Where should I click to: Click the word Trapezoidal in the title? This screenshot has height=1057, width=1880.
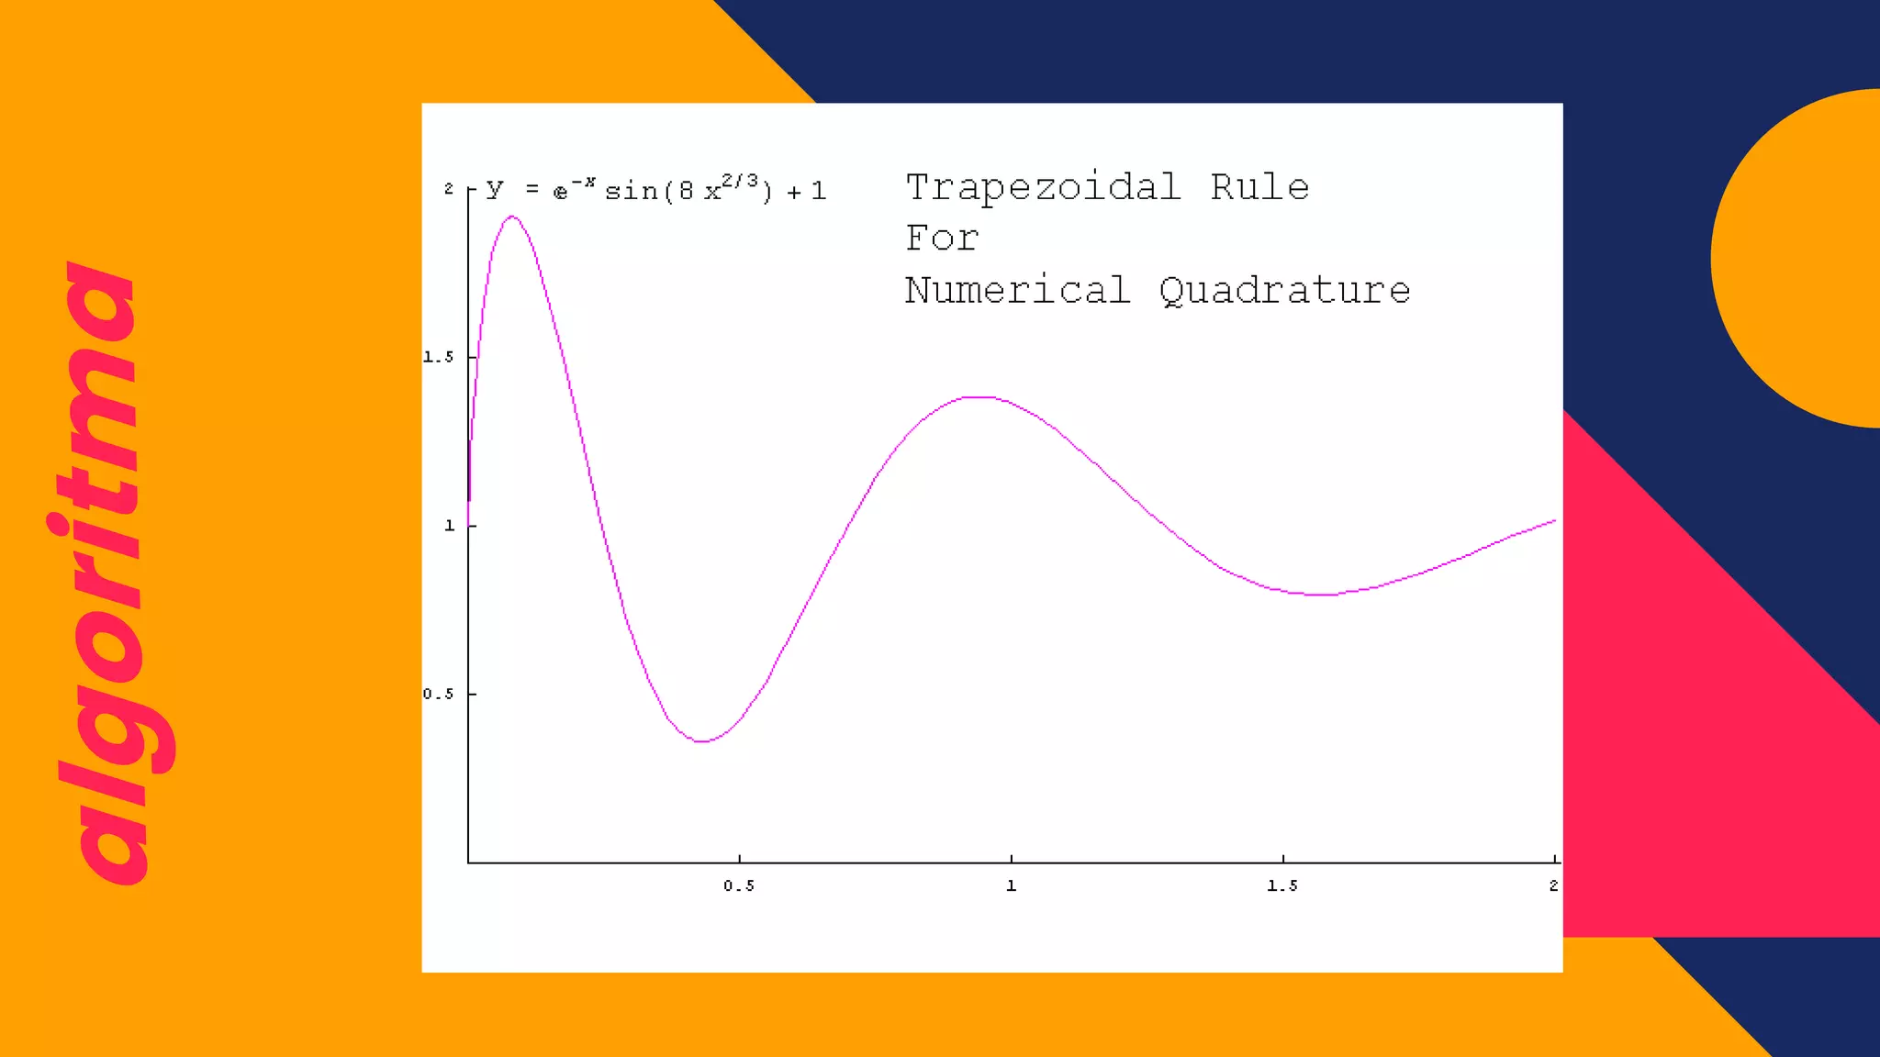point(1043,189)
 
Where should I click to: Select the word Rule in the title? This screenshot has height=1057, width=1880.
point(1259,187)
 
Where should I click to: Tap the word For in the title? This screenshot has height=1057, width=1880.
point(942,239)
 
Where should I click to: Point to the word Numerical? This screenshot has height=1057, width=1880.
point(1017,290)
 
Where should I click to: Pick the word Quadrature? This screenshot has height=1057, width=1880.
point(1284,292)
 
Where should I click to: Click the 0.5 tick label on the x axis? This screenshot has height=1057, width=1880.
point(739,886)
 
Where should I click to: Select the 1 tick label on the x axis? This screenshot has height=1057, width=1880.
point(1011,886)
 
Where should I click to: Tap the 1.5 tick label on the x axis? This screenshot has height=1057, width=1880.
point(1282,886)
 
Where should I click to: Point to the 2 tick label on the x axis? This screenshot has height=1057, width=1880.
point(1553,886)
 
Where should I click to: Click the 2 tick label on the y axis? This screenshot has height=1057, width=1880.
point(449,189)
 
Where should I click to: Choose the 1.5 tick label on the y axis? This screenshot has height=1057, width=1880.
point(438,357)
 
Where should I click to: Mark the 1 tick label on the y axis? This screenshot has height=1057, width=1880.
point(450,526)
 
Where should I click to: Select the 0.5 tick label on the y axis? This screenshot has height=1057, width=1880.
point(438,695)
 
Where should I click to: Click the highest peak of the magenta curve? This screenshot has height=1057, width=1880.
point(512,217)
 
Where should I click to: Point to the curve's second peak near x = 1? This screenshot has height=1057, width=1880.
point(980,397)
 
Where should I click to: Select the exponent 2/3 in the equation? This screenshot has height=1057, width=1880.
point(740,181)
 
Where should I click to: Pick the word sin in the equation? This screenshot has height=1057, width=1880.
point(632,192)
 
